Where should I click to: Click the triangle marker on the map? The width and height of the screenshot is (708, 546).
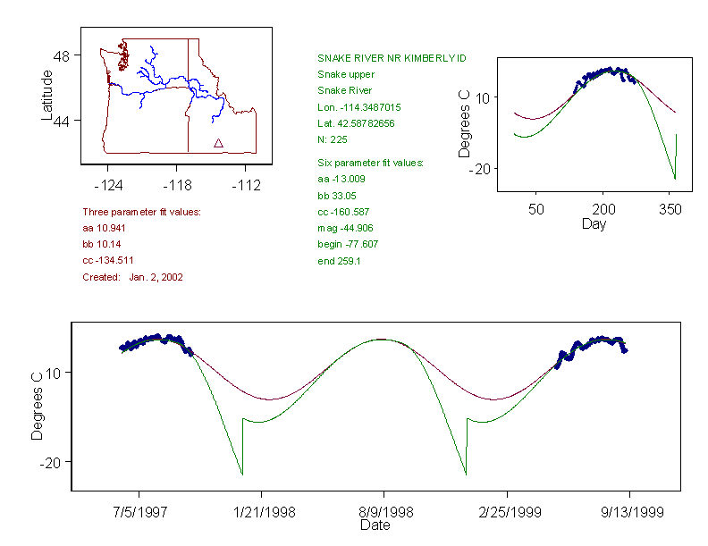click(x=218, y=143)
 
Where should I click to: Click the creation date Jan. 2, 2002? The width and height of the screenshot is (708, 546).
click(x=156, y=277)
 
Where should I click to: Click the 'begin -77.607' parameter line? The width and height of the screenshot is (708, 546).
click(x=347, y=244)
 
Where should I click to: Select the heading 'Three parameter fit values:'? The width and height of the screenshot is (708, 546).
click(x=141, y=212)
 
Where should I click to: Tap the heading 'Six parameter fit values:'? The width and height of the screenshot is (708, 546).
click(x=370, y=163)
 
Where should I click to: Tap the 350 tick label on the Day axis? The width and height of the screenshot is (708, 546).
click(x=670, y=209)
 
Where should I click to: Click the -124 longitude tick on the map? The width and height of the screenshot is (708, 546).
click(x=108, y=184)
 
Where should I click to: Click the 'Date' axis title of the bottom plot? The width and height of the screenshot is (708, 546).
click(x=375, y=526)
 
